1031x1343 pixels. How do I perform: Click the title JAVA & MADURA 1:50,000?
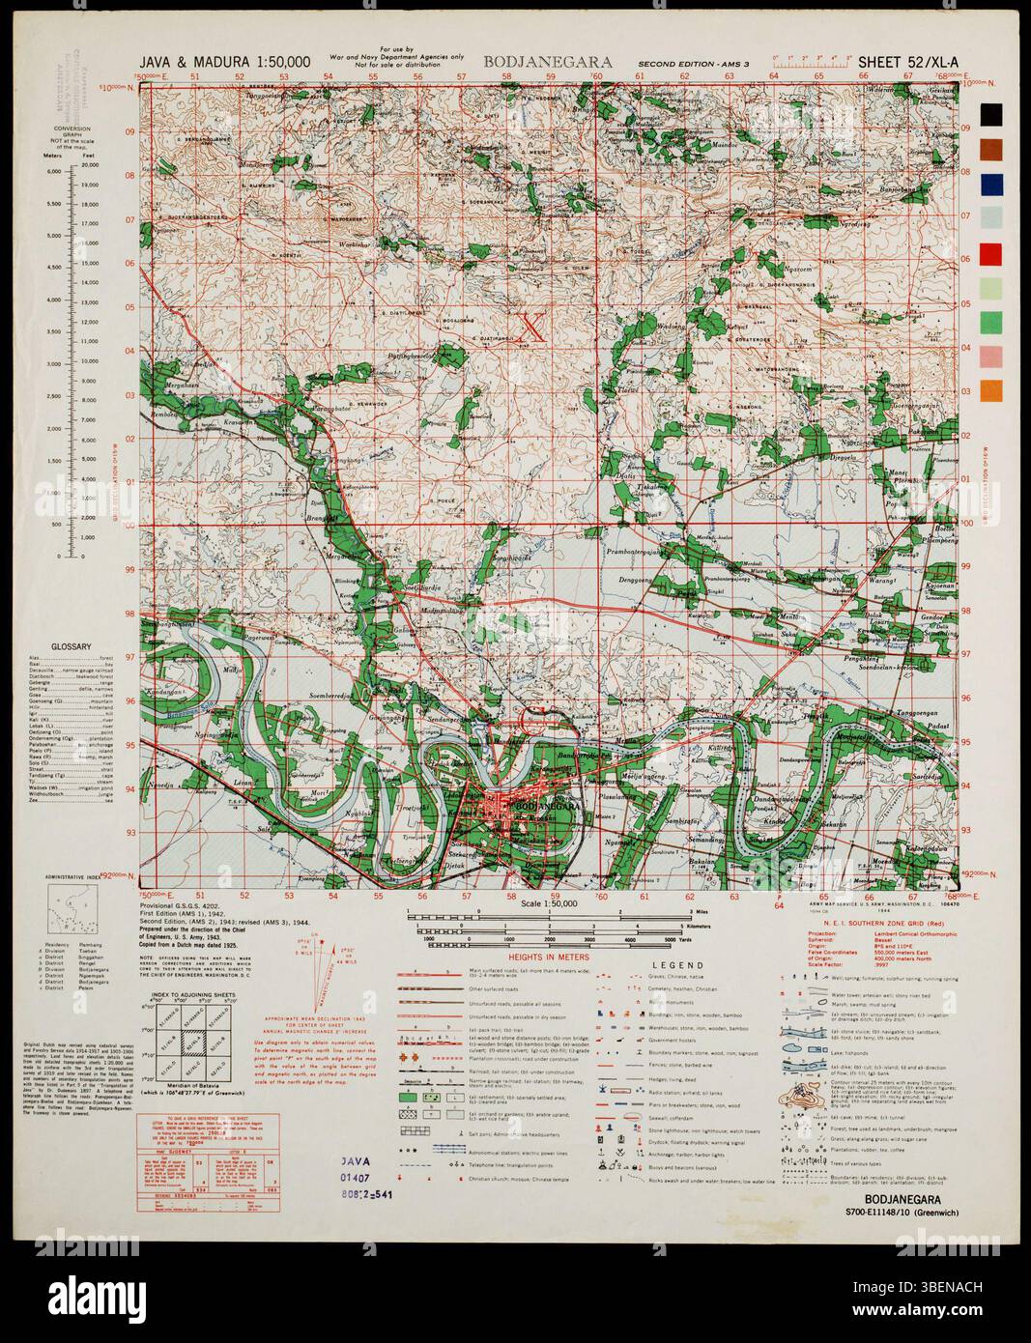click(224, 62)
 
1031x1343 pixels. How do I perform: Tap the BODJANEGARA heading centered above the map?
click(548, 62)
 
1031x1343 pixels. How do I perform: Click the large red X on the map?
click(530, 327)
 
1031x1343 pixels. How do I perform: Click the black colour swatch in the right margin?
click(991, 114)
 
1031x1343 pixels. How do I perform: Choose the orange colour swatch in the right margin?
click(991, 391)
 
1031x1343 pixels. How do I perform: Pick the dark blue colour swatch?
click(991, 184)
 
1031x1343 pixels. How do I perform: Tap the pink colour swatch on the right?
click(991, 357)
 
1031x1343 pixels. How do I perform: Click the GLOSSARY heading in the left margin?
click(72, 647)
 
